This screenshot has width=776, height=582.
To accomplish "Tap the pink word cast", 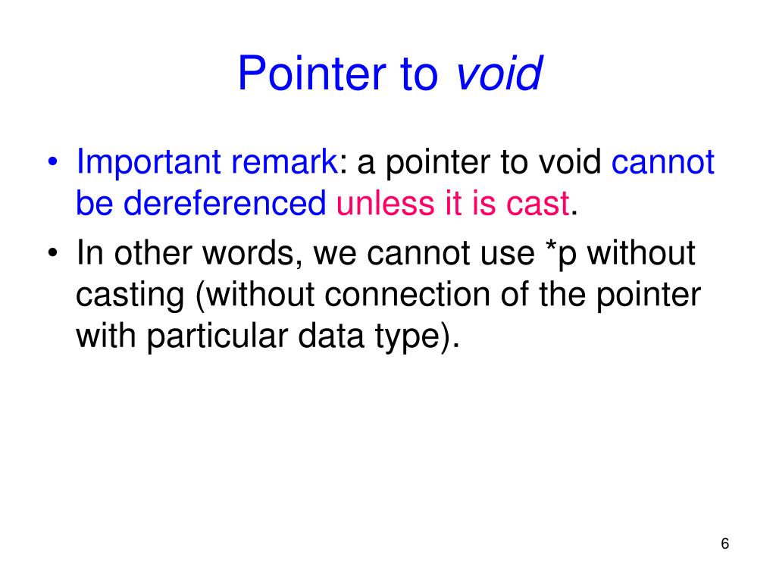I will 541,204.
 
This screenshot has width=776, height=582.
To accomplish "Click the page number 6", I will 724,544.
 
